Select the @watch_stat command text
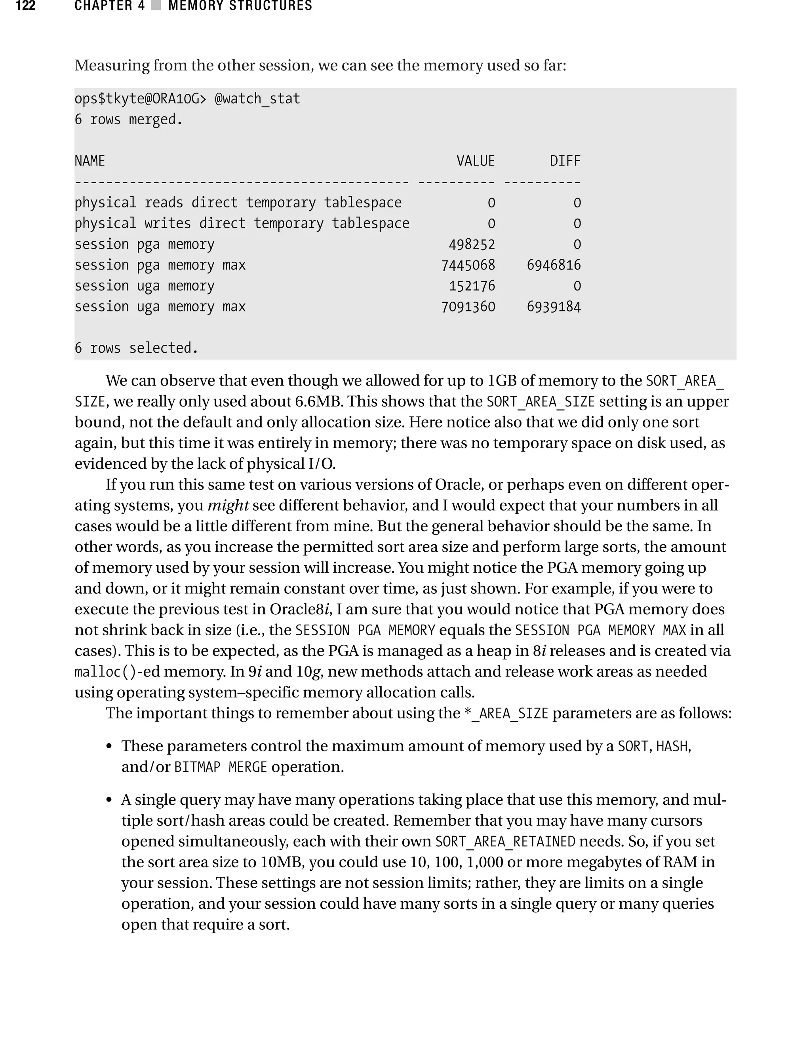tap(257, 99)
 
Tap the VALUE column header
tap(476, 161)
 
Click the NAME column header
tap(90, 161)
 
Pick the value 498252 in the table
tap(472, 245)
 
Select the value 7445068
tap(468, 265)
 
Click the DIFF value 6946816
tap(554, 265)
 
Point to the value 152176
tap(472, 286)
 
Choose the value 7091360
tap(468, 307)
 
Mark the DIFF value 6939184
tap(554, 307)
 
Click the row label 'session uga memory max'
tap(160, 307)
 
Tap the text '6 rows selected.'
tap(136, 348)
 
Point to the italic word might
tap(228, 505)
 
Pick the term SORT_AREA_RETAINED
tap(505, 842)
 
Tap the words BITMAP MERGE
tap(220, 767)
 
